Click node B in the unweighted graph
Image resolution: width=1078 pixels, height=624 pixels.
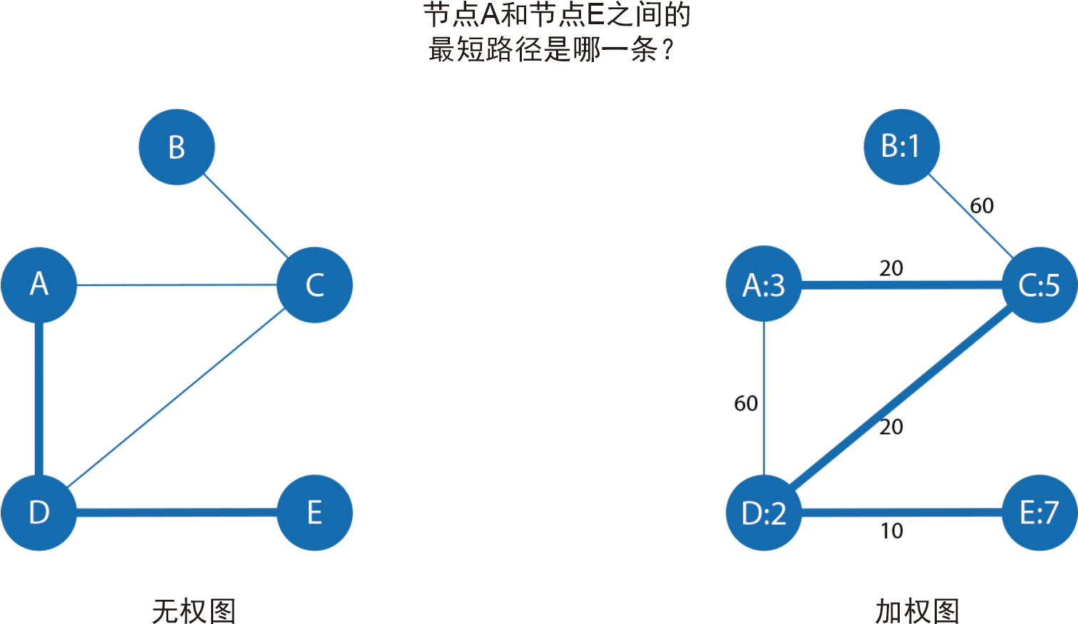tap(176, 147)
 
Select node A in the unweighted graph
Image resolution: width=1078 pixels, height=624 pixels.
tap(39, 285)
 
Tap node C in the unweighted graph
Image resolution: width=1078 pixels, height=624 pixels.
tap(314, 285)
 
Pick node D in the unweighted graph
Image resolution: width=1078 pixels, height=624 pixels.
tap(39, 512)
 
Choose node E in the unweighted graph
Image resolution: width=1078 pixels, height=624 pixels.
tap(314, 512)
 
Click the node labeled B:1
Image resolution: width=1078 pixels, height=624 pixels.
tap(901, 147)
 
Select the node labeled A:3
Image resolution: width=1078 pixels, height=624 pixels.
tap(764, 285)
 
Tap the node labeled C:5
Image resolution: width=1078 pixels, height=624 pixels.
tap(1039, 285)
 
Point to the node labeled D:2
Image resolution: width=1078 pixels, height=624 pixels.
tap(764, 512)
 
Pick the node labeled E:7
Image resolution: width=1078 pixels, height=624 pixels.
tap(1039, 512)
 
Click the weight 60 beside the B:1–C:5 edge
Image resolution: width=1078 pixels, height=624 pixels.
tap(982, 205)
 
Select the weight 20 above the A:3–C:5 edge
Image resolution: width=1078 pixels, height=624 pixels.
tap(891, 268)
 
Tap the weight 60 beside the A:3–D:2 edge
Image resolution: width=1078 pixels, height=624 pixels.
tap(746, 404)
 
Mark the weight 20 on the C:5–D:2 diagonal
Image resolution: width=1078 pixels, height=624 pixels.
tap(891, 426)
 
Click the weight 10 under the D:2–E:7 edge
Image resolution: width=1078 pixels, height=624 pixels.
tap(891, 531)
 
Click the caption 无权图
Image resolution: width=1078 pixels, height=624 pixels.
tap(194, 611)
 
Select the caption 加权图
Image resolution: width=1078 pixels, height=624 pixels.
tap(917, 611)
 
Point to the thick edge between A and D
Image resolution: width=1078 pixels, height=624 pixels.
tap(39, 399)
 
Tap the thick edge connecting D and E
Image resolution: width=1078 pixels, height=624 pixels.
tap(177, 512)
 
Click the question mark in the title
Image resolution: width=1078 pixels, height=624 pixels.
tap(667, 50)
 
